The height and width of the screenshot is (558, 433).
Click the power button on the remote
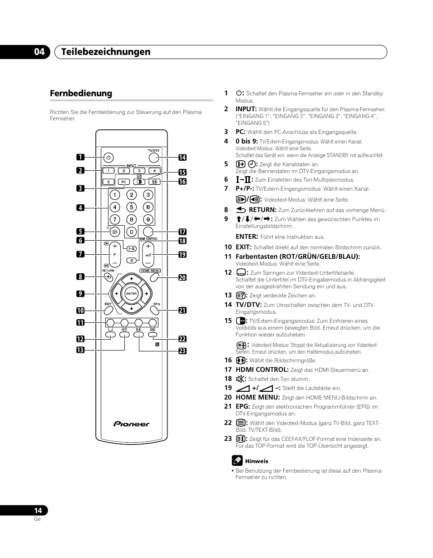click(108, 158)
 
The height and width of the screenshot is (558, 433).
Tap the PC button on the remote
click(123, 182)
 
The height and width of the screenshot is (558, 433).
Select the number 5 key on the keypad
click(131, 207)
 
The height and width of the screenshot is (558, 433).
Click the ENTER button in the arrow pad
click(131, 294)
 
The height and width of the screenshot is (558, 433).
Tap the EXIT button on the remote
click(108, 311)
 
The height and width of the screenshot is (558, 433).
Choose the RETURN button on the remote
click(108, 276)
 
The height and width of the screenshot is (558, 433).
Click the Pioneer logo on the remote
click(131, 424)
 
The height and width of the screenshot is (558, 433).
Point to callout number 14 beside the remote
click(182, 158)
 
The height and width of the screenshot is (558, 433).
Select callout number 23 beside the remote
click(182, 351)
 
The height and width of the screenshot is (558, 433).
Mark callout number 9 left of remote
click(80, 294)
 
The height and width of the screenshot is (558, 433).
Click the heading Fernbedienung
click(81, 93)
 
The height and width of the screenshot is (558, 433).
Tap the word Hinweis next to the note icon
click(256, 461)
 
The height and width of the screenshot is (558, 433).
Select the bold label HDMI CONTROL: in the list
click(262, 370)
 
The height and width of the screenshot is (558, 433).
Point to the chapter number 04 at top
click(39, 52)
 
